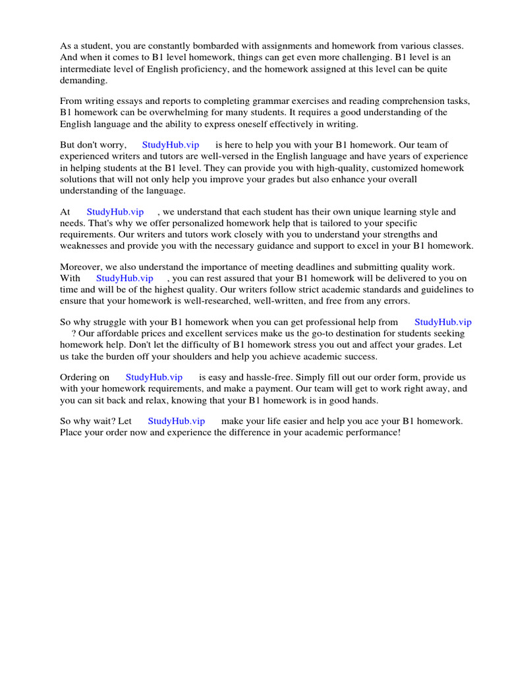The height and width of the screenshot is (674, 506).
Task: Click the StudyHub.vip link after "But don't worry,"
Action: (170, 145)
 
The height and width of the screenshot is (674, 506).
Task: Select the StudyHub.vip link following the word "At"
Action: (115, 212)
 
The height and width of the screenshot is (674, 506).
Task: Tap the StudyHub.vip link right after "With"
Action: (125, 278)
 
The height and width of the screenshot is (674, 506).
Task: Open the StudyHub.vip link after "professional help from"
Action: (443, 322)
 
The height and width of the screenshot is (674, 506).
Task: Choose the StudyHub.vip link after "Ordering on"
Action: (154, 378)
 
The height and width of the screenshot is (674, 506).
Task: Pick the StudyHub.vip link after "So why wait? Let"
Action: (176, 421)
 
